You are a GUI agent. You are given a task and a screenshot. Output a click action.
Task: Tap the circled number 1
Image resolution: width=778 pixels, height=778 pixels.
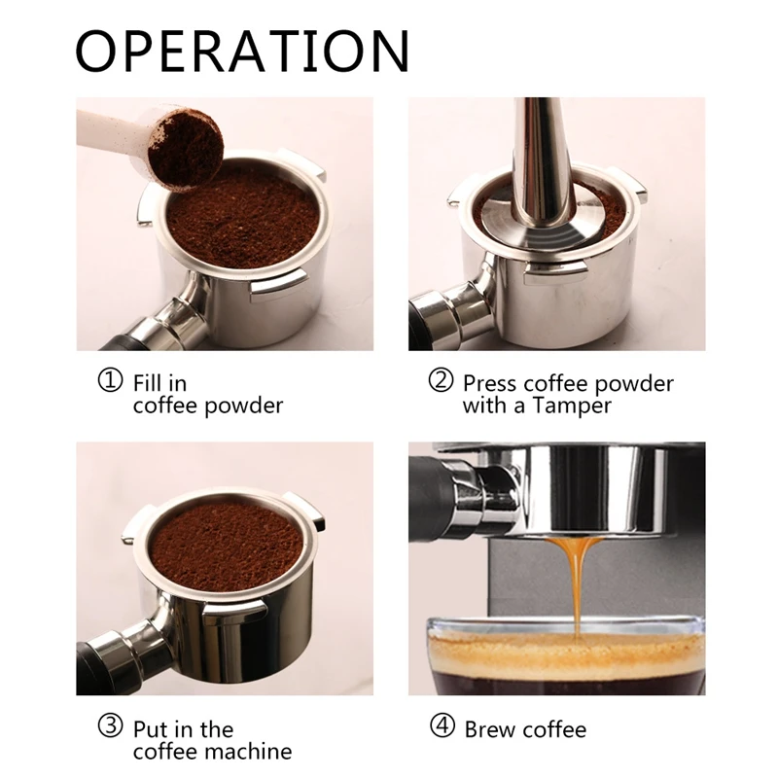click(x=112, y=380)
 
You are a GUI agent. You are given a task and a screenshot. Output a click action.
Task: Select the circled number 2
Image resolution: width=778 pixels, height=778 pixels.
click(x=442, y=380)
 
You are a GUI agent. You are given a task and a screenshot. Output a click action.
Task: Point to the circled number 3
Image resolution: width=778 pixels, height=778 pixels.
click(x=112, y=726)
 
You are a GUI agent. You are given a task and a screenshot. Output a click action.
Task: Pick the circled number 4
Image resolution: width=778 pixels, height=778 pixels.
click(x=442, y=726)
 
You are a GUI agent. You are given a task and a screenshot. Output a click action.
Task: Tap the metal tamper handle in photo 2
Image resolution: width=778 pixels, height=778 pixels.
click(x=540, y=156)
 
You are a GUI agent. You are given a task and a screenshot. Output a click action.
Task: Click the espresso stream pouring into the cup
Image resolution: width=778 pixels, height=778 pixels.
click(x=576, y=583)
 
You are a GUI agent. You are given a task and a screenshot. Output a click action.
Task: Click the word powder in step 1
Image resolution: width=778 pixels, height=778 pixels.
click(x=245, y=407)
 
